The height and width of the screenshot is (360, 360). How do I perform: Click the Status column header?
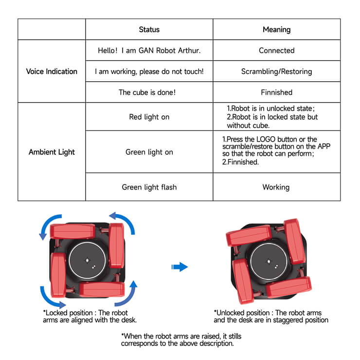pos(149,29)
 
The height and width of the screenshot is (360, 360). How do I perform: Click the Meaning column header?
pos(277,29)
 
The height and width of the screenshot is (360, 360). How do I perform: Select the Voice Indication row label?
pos(52,72)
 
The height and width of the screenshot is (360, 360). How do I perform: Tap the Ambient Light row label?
pos(52,152)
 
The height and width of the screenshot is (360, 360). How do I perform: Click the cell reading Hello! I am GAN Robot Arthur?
pos(149,51)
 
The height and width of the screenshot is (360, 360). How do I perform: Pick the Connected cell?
pos(277,51)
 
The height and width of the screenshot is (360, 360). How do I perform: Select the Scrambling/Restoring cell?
pos(277,72)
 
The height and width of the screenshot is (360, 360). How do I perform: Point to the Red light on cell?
pos(149,117)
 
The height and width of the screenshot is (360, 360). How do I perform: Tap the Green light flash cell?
pos(149,187)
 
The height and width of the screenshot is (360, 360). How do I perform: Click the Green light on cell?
pos(149,152)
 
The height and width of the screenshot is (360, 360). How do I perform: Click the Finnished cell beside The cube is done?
pos(277,92)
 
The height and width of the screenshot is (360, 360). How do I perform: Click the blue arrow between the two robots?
pos(180,267)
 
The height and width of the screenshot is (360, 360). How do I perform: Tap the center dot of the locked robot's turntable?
pos(87,260)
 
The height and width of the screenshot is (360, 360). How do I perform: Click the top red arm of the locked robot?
pos(72,231)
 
